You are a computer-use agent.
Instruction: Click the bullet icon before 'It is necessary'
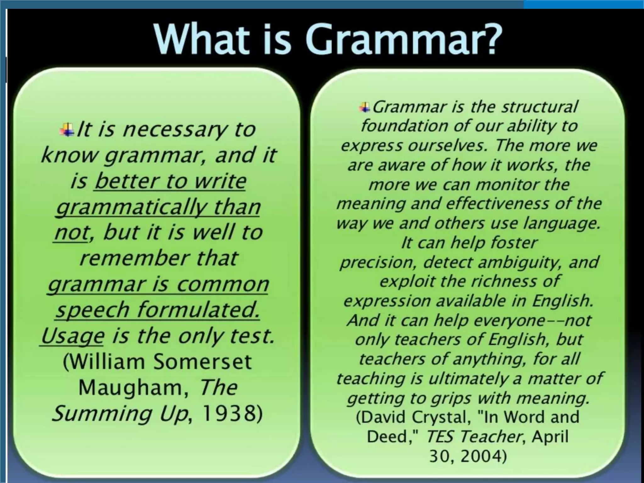coord(67,130)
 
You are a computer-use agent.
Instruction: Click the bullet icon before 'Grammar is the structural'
coord(365,107)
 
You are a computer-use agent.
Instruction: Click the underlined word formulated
coord(199,310)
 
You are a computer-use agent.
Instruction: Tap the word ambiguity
coord(519,262)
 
